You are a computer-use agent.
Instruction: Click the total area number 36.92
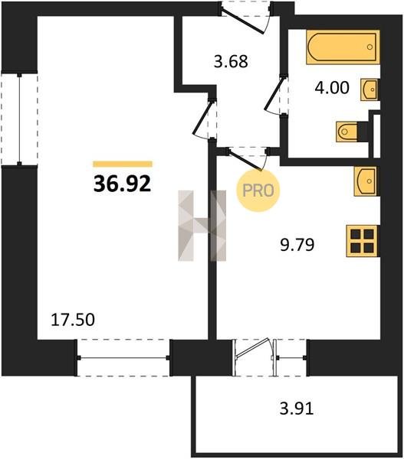pos(122,184)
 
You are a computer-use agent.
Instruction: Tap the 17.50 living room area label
pos(73,320)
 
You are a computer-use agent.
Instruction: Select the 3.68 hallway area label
pos(231,62)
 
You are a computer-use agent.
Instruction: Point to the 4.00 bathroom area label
pos(332,87)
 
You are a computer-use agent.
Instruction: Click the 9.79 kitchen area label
pos(297,245)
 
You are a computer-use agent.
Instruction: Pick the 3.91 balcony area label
pos(297,409)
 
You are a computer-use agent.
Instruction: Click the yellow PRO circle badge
pos(258,190)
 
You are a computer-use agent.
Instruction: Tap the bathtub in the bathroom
pos(343,47)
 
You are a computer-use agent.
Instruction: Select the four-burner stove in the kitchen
pos(362,241)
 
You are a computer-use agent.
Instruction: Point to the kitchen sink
pos(366,181)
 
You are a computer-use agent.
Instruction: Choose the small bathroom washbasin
pos(370,90)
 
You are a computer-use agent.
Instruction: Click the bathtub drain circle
pos(370,47)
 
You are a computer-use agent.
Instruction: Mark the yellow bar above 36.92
pos(123,164)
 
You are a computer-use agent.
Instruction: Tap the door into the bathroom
pos(276,95)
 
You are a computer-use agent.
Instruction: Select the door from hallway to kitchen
pos(248,158)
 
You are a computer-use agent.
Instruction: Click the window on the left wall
pos(19,119)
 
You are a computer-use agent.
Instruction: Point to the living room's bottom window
pos(123,358)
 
